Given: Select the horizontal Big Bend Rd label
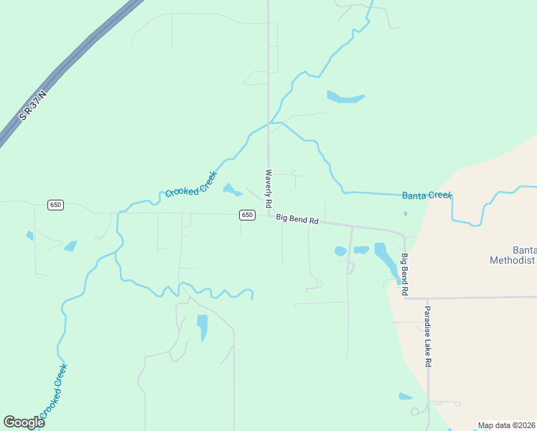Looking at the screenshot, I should [x=297, y=218].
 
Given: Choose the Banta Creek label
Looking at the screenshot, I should [x=426, y=195].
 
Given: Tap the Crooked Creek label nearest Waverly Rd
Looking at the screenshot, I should [x=191, y=184].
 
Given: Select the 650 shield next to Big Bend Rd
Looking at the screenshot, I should [x=247, y=215].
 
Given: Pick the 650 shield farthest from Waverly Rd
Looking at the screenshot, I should [x=56, y=205].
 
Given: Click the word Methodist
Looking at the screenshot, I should [x=513, y=259].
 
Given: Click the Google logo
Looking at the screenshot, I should [x=24, y=422].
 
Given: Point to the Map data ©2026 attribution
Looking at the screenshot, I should [x=506, y=425].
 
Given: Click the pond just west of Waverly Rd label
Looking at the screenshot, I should [x=231, y=190].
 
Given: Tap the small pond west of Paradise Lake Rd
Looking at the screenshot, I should [x=406, y=397].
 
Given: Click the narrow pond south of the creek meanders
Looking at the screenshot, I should [x=202, y=327].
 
